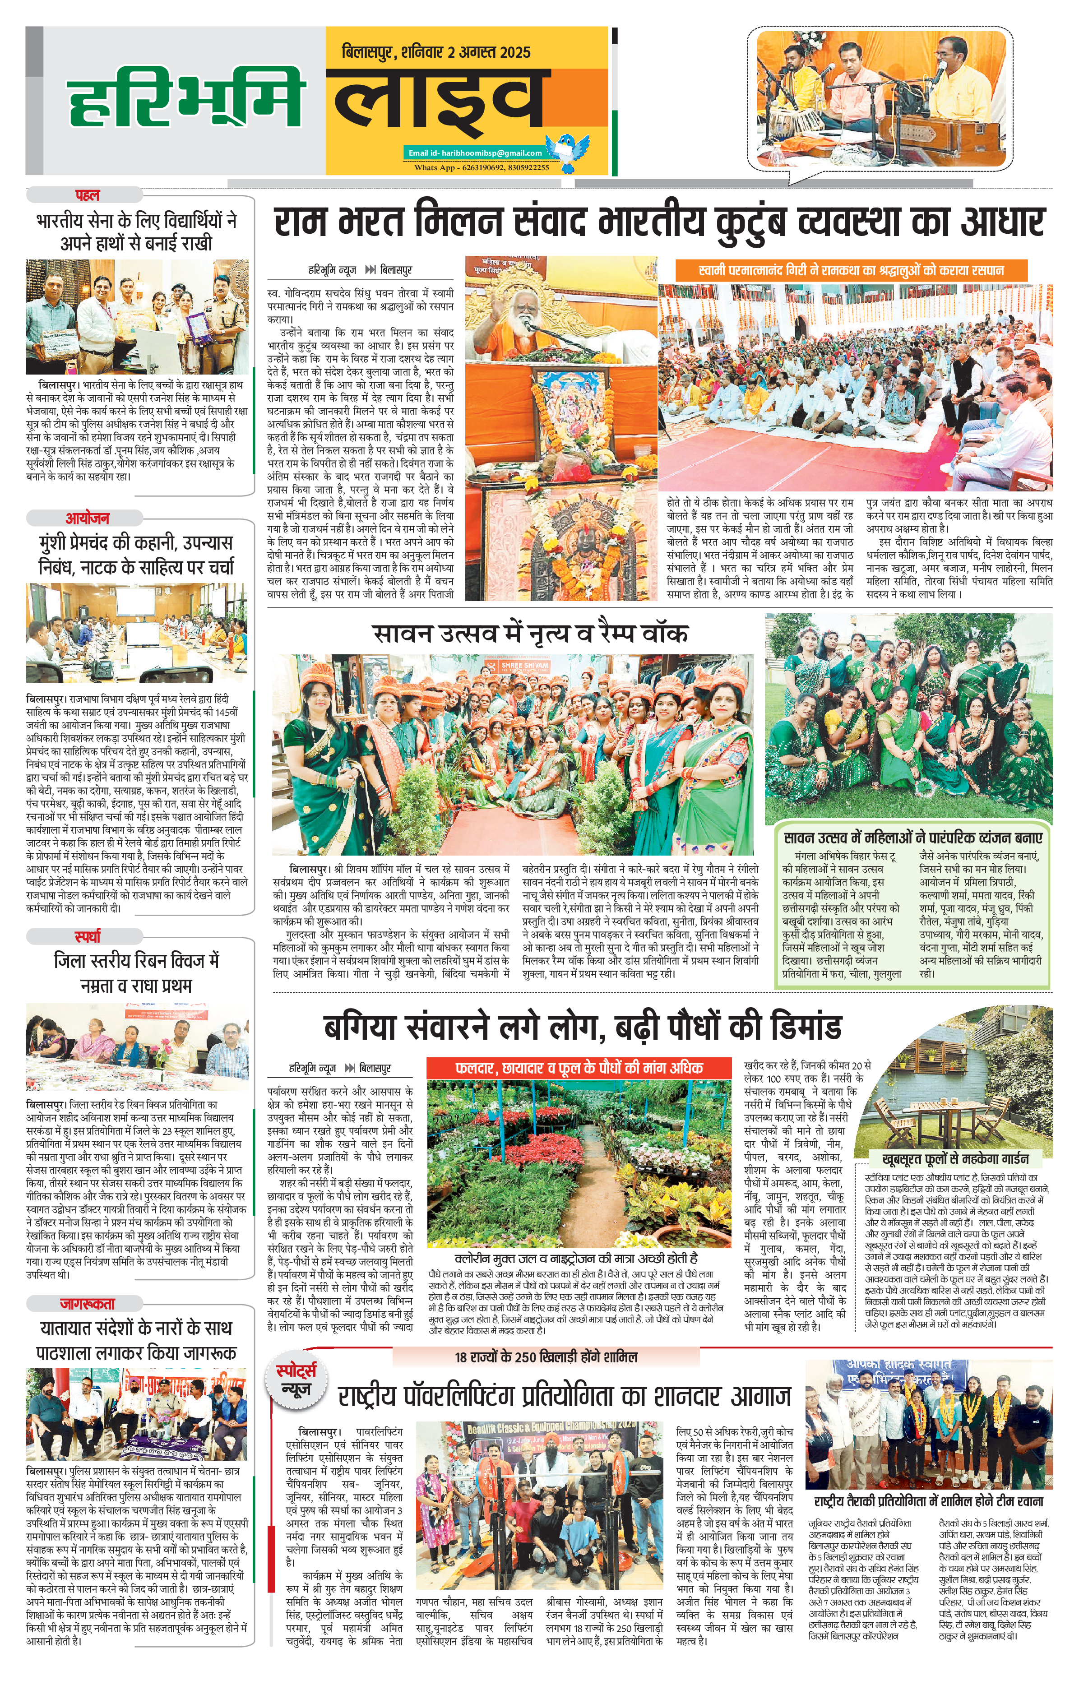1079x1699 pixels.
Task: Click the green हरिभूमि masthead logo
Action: [185, 101]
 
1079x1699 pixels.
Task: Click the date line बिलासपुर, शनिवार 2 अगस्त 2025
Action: [435, 52]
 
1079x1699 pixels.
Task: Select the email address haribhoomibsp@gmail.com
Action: [475, 153]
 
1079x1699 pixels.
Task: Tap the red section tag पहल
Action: [88, 195]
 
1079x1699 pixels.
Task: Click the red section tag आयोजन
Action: [88, 518]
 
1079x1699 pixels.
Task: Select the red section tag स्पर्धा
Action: [88, 936]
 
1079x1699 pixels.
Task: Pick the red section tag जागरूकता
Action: [88, 1304]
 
